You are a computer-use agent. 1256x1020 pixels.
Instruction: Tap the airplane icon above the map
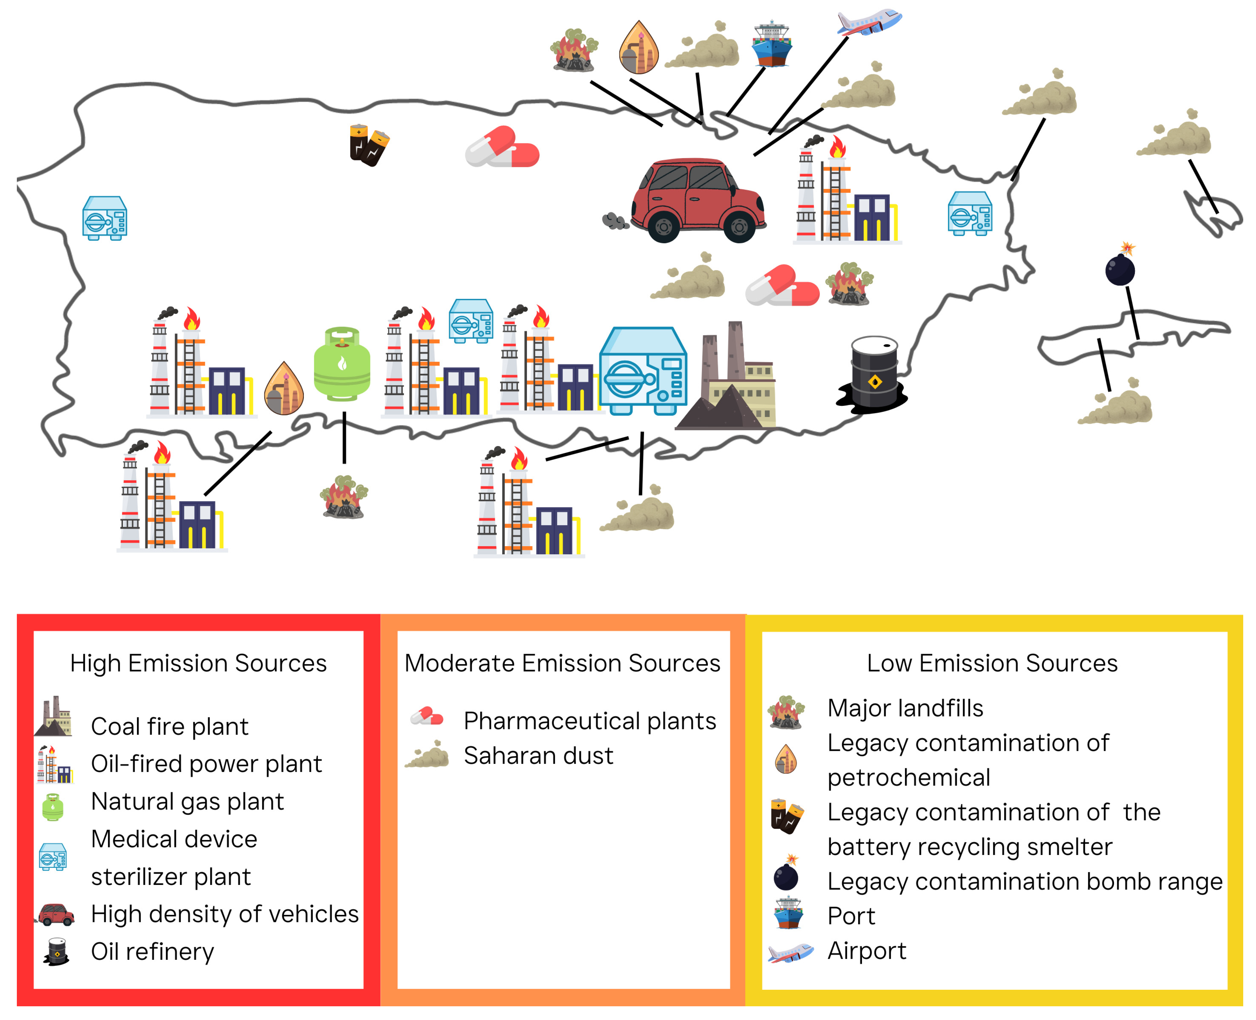(x=869, y=22)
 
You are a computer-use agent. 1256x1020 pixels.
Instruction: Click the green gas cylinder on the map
(x=342, y=364)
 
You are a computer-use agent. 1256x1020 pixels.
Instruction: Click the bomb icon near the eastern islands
(x=1120, y=267)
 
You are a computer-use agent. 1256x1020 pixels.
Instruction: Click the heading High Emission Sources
(x=198, y=663)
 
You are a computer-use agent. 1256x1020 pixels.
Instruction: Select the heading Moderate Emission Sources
(x=562, y=663)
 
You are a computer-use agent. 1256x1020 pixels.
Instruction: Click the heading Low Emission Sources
(x=992, y=663)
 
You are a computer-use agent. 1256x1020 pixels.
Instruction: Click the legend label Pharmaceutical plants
(x=590, y=721)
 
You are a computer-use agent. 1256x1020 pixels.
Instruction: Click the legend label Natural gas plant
(x=187, y=801)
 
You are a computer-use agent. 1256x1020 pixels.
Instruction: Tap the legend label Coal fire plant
(x=169, y=727)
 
